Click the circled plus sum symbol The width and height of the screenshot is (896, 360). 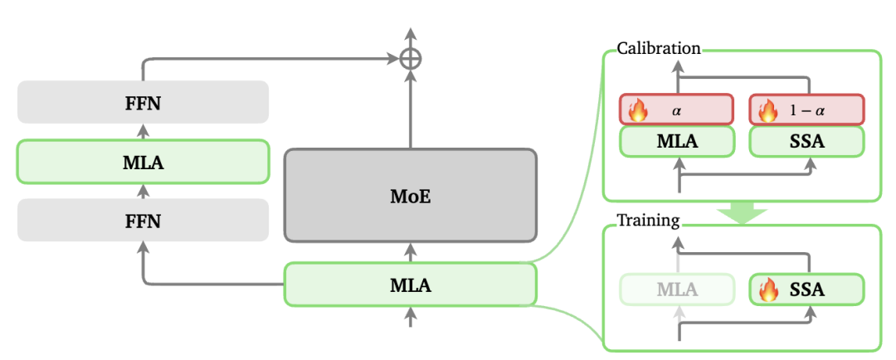tap(410, 58)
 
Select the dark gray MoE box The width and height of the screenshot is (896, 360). tap(410, 196)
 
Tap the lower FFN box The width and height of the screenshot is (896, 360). tap(143, 220)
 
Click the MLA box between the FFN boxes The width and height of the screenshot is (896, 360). tap(143, 161)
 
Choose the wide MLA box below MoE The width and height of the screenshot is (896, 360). tap(410, 285)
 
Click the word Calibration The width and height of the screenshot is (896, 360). tap(659, 48)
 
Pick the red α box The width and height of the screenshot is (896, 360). tap(676, 109)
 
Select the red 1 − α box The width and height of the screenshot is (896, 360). tap(806, 109)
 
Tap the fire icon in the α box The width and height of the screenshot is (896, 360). tap(637, 109)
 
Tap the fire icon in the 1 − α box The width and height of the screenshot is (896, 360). tap(767, 109)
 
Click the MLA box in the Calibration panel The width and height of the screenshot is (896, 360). tap(676, 141)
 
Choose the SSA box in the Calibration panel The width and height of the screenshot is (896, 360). tap(806, 141)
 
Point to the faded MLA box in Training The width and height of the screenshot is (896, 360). tap(676, 289)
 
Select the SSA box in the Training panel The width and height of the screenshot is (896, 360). tap(806, 289)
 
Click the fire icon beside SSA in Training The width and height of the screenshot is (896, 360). tap(769, 289)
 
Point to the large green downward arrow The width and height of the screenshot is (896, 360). tap(742, 212)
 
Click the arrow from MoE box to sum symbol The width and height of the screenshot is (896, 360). tap(410, 108)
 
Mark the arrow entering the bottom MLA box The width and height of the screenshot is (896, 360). tap(410, 316)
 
